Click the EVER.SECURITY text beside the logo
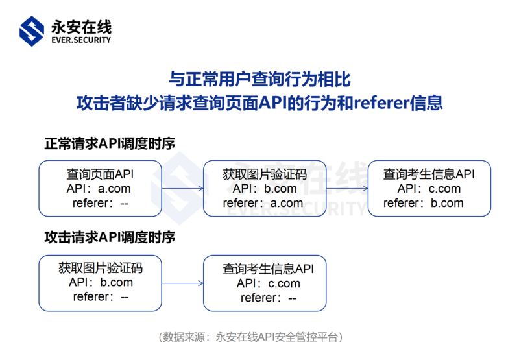tap(80, 40)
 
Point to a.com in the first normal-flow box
tap(114, 189)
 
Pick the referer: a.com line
tap(263, 203)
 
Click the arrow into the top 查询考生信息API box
tap(346, 189)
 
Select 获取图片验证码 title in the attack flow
tap(100, 268)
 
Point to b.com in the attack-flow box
tap(116, 282)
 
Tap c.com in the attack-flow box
tap(284, 283)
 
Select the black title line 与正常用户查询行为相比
tap(259, 80)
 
